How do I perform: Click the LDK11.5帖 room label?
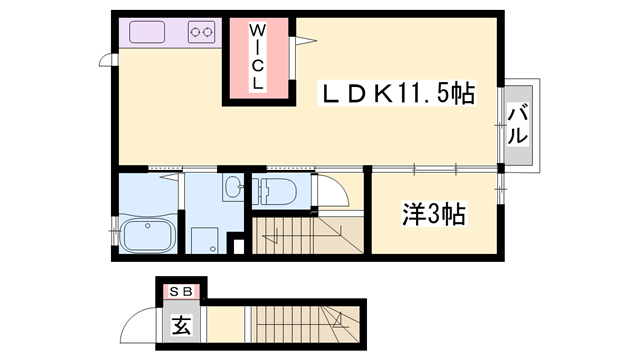pyautogui.click(x=395, y=95)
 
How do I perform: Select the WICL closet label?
pyautogui.click(x=257, y=58)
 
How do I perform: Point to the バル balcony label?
pyautogui.click(x=516, y=124)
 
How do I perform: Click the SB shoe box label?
pyautogui.click(x=182, y=291)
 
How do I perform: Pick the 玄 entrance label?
pyautogui.click(x=181, y=324)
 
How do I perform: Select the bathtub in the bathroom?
pyautogui.click(x=148, y=238)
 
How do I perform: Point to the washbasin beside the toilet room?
pyautogui.click(x=233, y=187)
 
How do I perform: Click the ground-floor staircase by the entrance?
pyautogui.click(x=300, y=326)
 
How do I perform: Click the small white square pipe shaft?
pyautogui.click(x=236, y=246)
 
